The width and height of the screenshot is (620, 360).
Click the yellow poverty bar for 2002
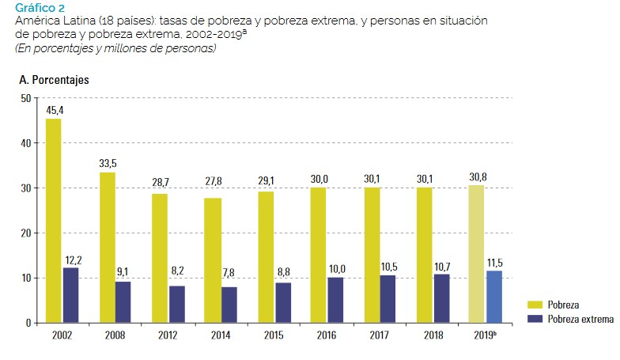[53, 221]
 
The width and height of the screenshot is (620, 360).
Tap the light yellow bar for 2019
[476, 253]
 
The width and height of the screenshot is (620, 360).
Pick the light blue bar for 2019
[493, 297]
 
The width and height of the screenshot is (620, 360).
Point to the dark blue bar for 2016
[335, 300]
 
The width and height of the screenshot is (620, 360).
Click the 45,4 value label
[55, 111]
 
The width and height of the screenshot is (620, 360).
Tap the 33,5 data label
[108, 164]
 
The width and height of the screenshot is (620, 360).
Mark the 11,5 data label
[495, 261]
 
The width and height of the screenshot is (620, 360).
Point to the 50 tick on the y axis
[25, 99]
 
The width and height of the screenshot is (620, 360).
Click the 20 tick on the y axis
[25, 233]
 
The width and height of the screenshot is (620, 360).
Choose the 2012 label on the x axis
[168, 335]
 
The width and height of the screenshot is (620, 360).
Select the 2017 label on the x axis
[380, 335]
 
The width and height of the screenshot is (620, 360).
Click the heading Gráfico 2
[40, 8]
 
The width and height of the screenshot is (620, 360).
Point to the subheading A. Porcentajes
[53, 80]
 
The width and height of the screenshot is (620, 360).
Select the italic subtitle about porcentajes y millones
[115, 49]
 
